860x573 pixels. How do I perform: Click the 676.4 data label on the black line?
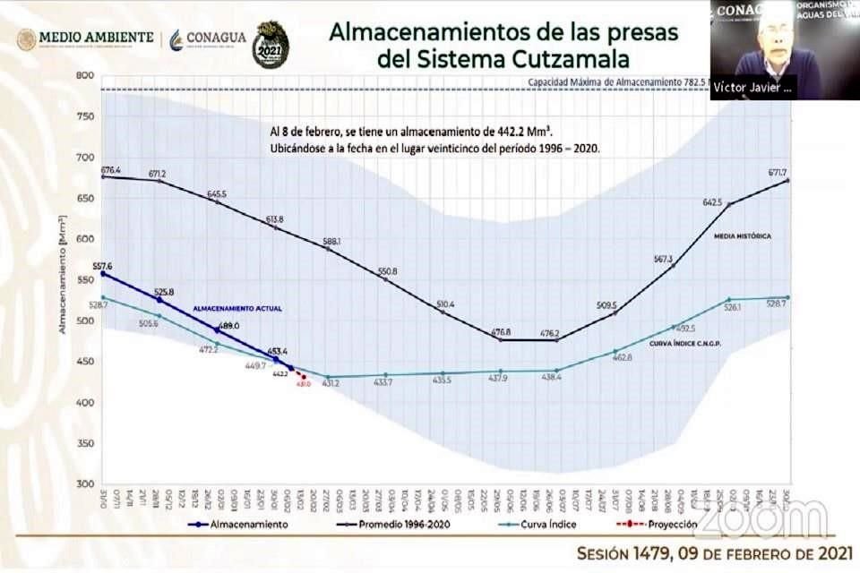coord(111,169)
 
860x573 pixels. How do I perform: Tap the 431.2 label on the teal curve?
coord(331,383)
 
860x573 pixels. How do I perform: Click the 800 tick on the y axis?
coord(86,76)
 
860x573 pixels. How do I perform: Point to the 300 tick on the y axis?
coord(86,484)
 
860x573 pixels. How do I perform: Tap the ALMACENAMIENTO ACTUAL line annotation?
coord(238,308)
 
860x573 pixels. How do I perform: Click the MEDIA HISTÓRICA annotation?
coord(742,236)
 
